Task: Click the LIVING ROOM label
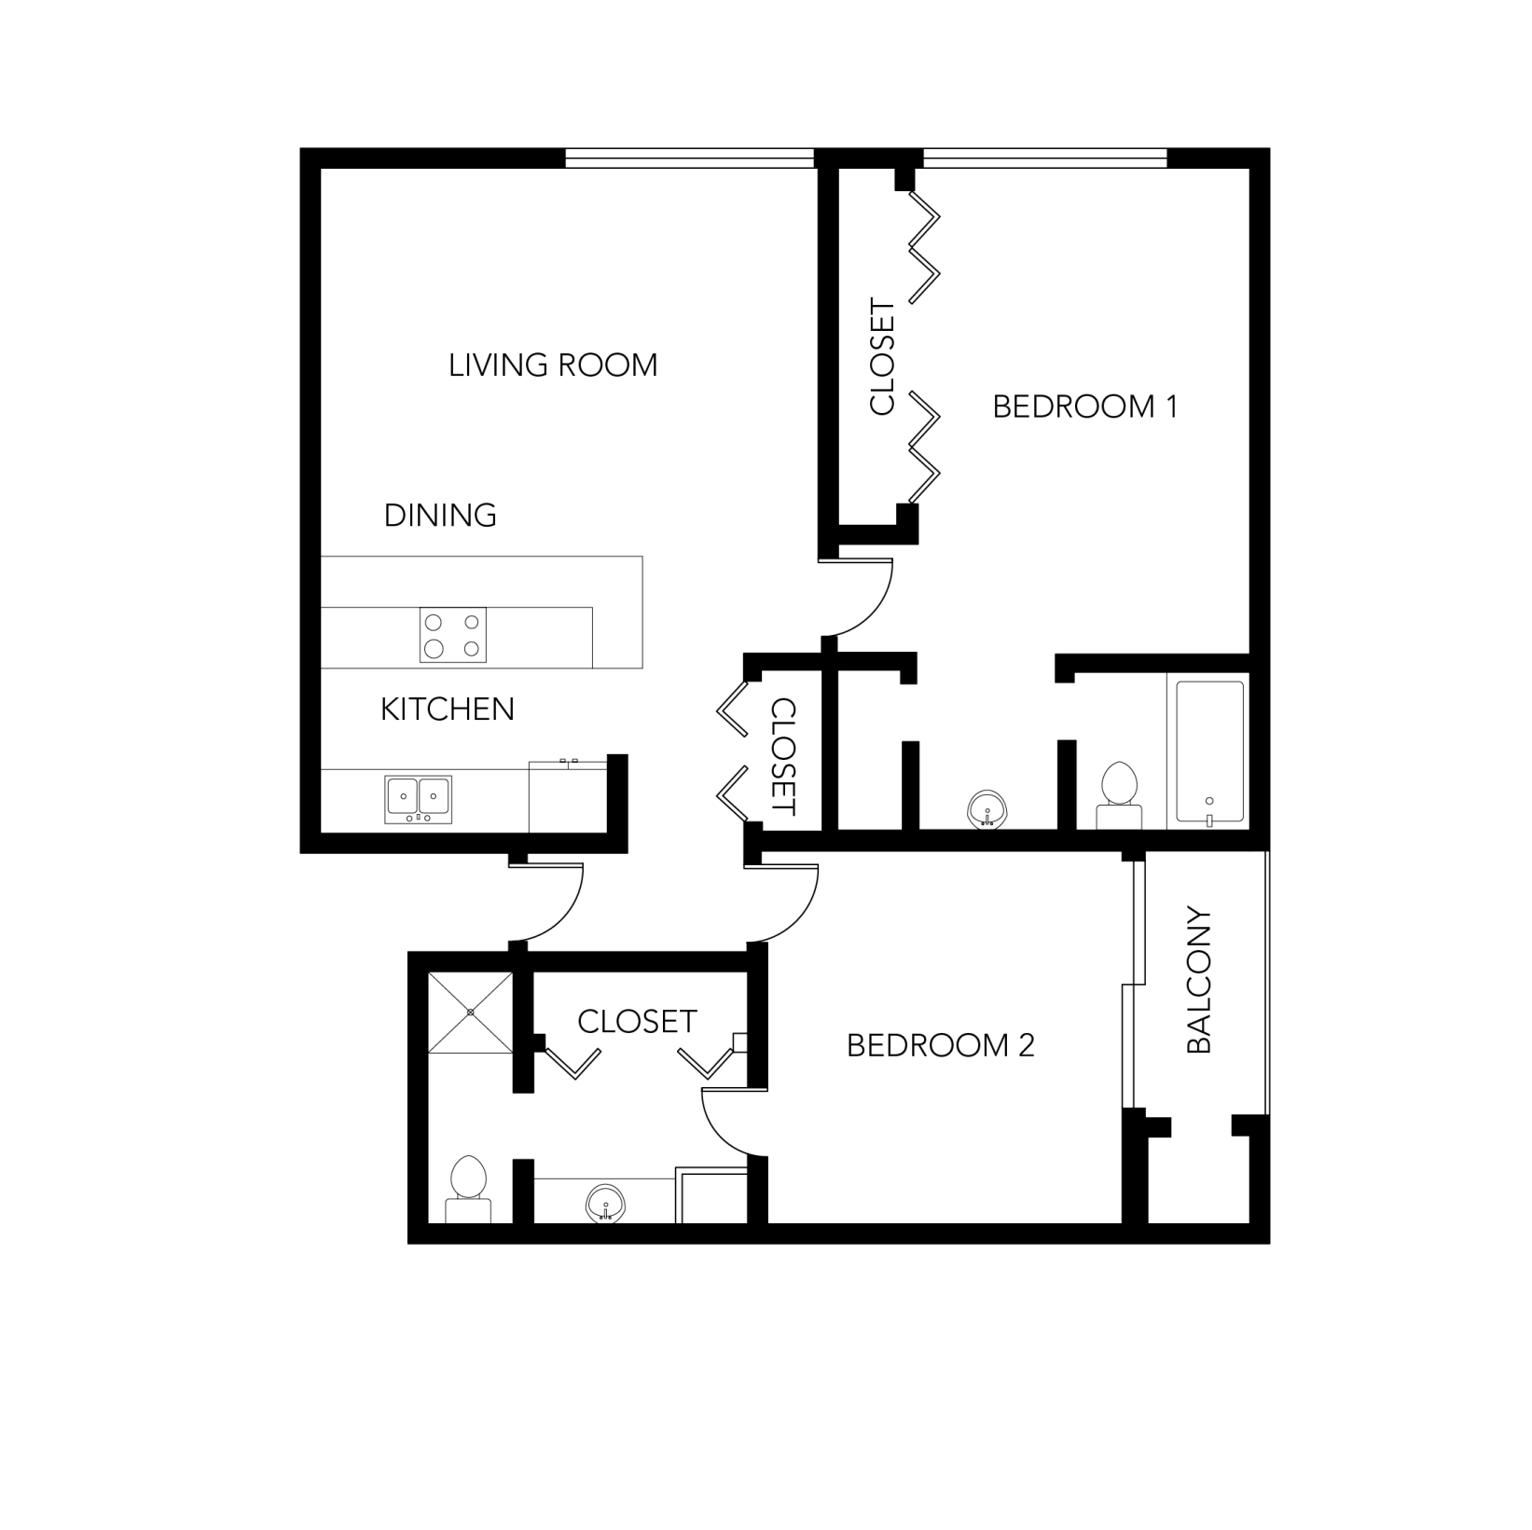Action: click(x=553, y=365)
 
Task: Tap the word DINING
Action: click(x=440, y=515)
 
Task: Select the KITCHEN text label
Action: click(x=447, y=709)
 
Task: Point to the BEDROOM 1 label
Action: click(x=1084, y=407)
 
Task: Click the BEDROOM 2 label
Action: click(x=940, y=1045)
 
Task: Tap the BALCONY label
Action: click(x=1199, y=980)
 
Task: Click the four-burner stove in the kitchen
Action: click(x=452, y=635)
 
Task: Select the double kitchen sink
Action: click(x=419, y=799)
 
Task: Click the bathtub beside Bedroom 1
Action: click(x=1209, y=751)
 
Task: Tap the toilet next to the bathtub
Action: click(x=1119, y=794)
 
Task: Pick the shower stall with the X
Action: click(x=470, y=1013)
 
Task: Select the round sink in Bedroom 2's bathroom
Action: click(x=605, y=1203)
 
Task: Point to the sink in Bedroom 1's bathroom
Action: click(x=987, y=808)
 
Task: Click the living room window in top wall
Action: click(x=690, y=158)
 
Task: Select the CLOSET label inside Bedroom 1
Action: click(x=881, y=356)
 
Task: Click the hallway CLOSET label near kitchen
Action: click(x=783, y=756)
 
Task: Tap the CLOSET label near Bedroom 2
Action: click(x=637, y=1022)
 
